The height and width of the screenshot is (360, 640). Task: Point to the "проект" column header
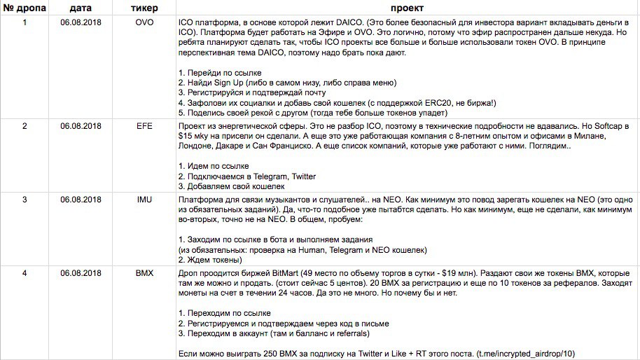pos(406,8)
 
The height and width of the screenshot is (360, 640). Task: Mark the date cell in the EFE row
pos(81,126)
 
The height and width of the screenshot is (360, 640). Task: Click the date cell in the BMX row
pos(81,273)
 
